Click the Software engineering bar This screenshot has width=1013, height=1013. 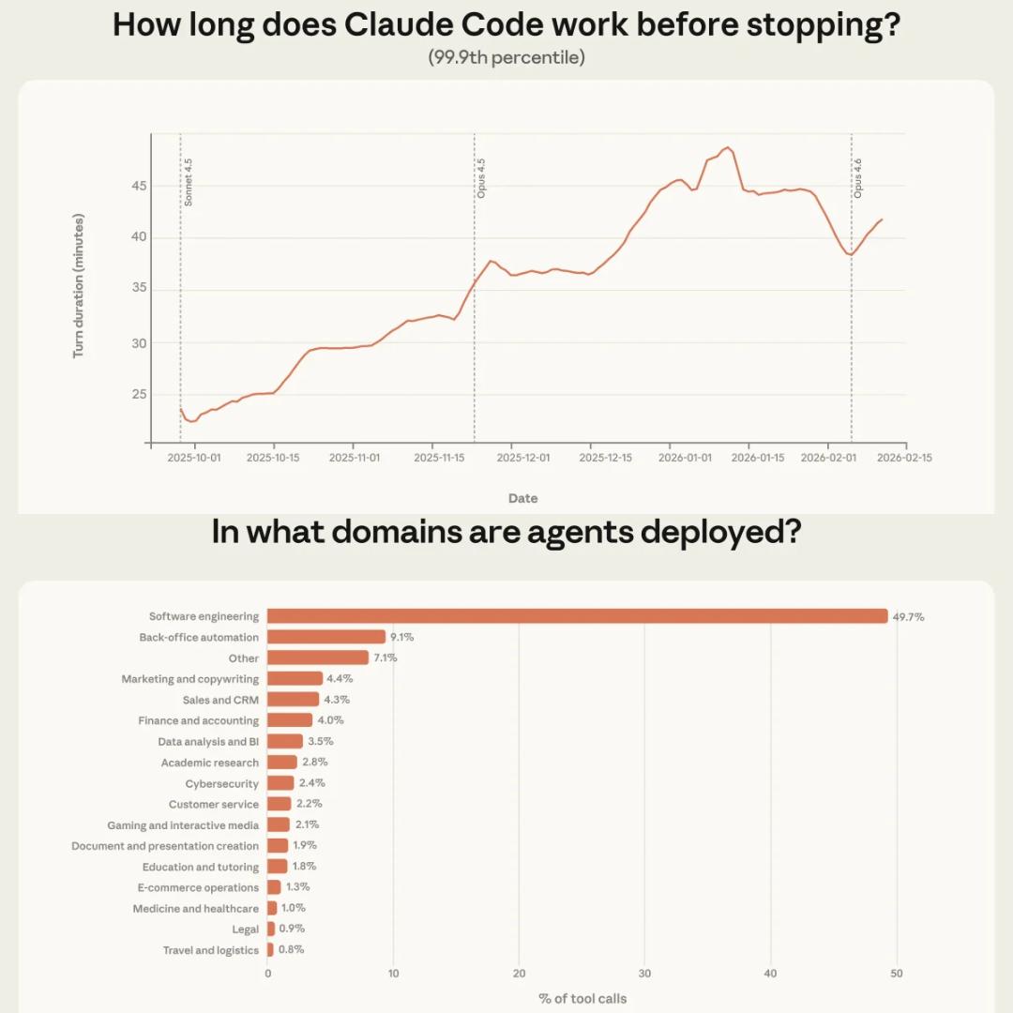pos(577,616)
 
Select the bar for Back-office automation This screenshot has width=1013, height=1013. pos(326,637)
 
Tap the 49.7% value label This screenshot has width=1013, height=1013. pos(909,617)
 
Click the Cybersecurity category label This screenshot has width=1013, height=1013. pos(221,783)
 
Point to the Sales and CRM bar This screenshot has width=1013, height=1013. pos(294,700)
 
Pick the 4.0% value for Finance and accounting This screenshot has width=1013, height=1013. pos(330,720)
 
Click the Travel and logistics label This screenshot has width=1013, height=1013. pos(210,950)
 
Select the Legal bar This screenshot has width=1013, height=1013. pos(271,929)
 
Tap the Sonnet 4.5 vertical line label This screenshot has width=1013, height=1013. pos(188,182)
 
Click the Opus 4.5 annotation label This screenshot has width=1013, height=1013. pos(481,178)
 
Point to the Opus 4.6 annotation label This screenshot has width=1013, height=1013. pos(857,178)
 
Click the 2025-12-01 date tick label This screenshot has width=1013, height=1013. pos(522,458)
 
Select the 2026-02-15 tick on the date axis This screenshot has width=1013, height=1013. pos(905,458)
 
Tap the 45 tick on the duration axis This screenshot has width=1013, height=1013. pos(139,187)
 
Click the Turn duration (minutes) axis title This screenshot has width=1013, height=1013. pos(79,286)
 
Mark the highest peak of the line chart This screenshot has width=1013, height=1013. pos(728,147)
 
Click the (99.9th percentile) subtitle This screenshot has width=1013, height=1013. pos(506,57)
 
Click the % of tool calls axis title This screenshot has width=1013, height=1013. pos(582,998)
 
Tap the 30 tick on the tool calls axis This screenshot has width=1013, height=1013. pos(644,974)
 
